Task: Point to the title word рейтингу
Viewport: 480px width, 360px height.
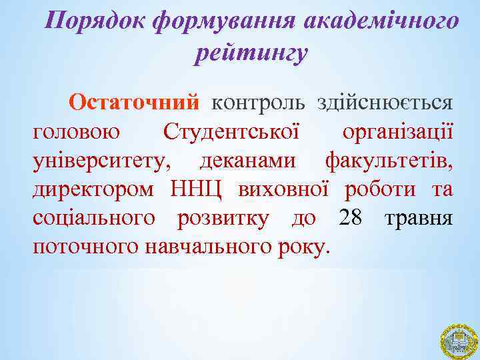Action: pos(252,53)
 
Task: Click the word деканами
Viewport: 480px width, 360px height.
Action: pos(249,161)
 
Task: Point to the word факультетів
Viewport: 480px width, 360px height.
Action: pos(389,161)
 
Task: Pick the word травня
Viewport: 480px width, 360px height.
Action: pos(419,218)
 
